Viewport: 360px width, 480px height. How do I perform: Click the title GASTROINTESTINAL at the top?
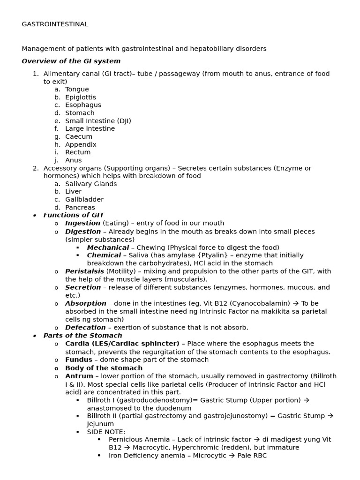[55, 24]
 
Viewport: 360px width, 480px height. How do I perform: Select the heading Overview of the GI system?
[71, 61]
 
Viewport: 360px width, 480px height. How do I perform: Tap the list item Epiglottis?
[81, 97]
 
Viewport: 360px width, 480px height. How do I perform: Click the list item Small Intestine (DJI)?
[98, 121]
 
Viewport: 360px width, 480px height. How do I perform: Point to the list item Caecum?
[79, 137]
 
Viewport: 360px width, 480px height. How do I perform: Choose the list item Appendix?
[81, 145]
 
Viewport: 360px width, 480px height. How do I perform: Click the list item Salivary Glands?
[91, 184]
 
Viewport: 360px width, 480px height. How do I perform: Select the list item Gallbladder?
[84, 200]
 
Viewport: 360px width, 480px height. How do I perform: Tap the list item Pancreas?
[80, 208]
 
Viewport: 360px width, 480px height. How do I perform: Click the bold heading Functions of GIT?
[74, 215]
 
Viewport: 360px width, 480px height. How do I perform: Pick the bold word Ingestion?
[82, 224]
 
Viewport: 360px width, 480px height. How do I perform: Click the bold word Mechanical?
[108, 247]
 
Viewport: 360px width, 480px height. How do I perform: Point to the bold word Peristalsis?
[84, 271]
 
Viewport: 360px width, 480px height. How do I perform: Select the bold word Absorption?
[85, 304]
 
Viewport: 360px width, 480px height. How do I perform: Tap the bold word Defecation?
[85, 328]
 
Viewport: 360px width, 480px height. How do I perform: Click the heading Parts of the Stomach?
[82, 336]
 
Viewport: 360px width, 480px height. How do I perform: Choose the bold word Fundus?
[79, 360]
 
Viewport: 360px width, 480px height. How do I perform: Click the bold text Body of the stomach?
[104, 368]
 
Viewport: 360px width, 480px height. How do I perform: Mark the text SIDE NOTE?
[106, 432]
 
